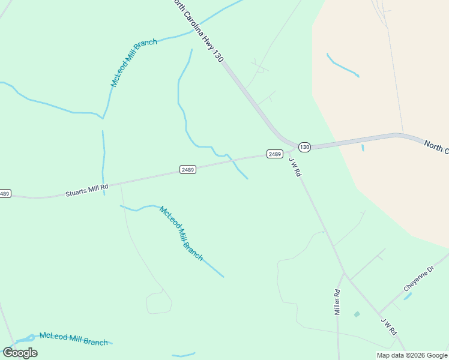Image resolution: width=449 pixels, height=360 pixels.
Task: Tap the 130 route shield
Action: tap(304, 147)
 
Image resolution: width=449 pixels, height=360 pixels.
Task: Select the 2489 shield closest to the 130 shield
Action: tap(275, 154)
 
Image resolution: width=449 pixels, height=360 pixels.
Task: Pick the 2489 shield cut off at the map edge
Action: tap(5, 193)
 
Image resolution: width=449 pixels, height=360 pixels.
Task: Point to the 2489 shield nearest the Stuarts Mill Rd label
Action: tap(188, 170)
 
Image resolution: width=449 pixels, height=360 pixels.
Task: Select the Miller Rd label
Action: tap(337, 302)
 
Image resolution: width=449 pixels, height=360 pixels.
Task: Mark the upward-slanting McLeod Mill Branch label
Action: tap(134, 63)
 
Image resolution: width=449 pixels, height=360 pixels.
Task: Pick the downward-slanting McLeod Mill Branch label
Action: tap(181, 233)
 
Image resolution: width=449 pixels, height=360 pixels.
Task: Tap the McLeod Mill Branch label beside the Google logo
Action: tap(73, 339)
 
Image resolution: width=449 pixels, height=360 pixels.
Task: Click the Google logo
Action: tap(20, 353)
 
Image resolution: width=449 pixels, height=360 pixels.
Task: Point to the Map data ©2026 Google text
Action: tap(412, 355)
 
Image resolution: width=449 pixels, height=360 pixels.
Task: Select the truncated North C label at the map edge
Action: tap(436, 147)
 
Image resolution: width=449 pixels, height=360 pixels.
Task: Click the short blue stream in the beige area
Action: tap(343, 65)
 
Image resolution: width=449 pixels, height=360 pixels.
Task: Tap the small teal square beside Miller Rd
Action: tap(357, 314)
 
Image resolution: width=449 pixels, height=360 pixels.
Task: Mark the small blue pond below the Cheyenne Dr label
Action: tap(408, 296)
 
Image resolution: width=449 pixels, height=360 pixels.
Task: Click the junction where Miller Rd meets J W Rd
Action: tap(345, 274)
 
